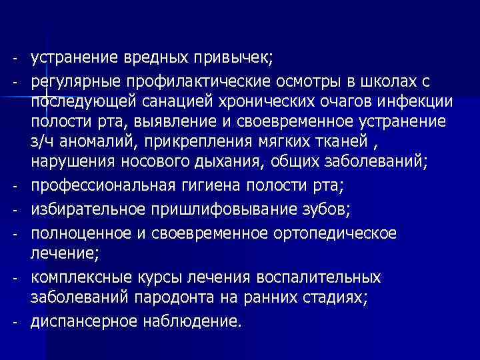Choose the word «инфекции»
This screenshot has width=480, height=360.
click(x=414, y=102)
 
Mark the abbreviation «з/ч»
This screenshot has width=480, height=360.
click(x=41, y=144)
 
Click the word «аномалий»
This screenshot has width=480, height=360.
click(x=95, y=144)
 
